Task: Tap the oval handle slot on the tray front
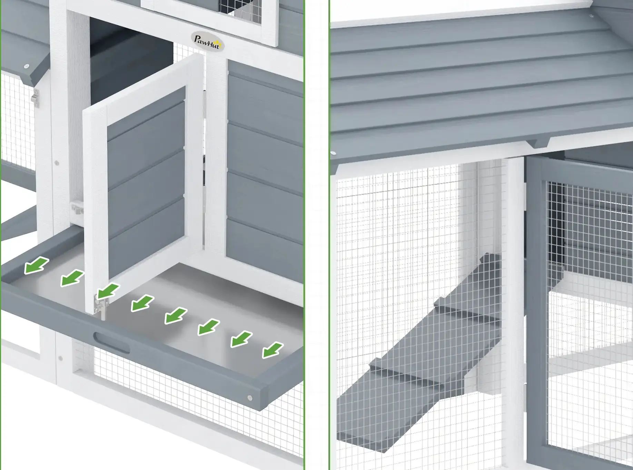pos(111,342)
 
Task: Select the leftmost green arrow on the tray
pos(36,266)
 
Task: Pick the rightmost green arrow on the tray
pos(273,350)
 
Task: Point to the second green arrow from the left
pos(72,278)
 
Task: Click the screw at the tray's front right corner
pos(250,398)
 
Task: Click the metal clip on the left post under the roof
pos(35,96)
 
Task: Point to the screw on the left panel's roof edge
pos(26,66)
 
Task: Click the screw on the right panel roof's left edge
pos(333,153)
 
